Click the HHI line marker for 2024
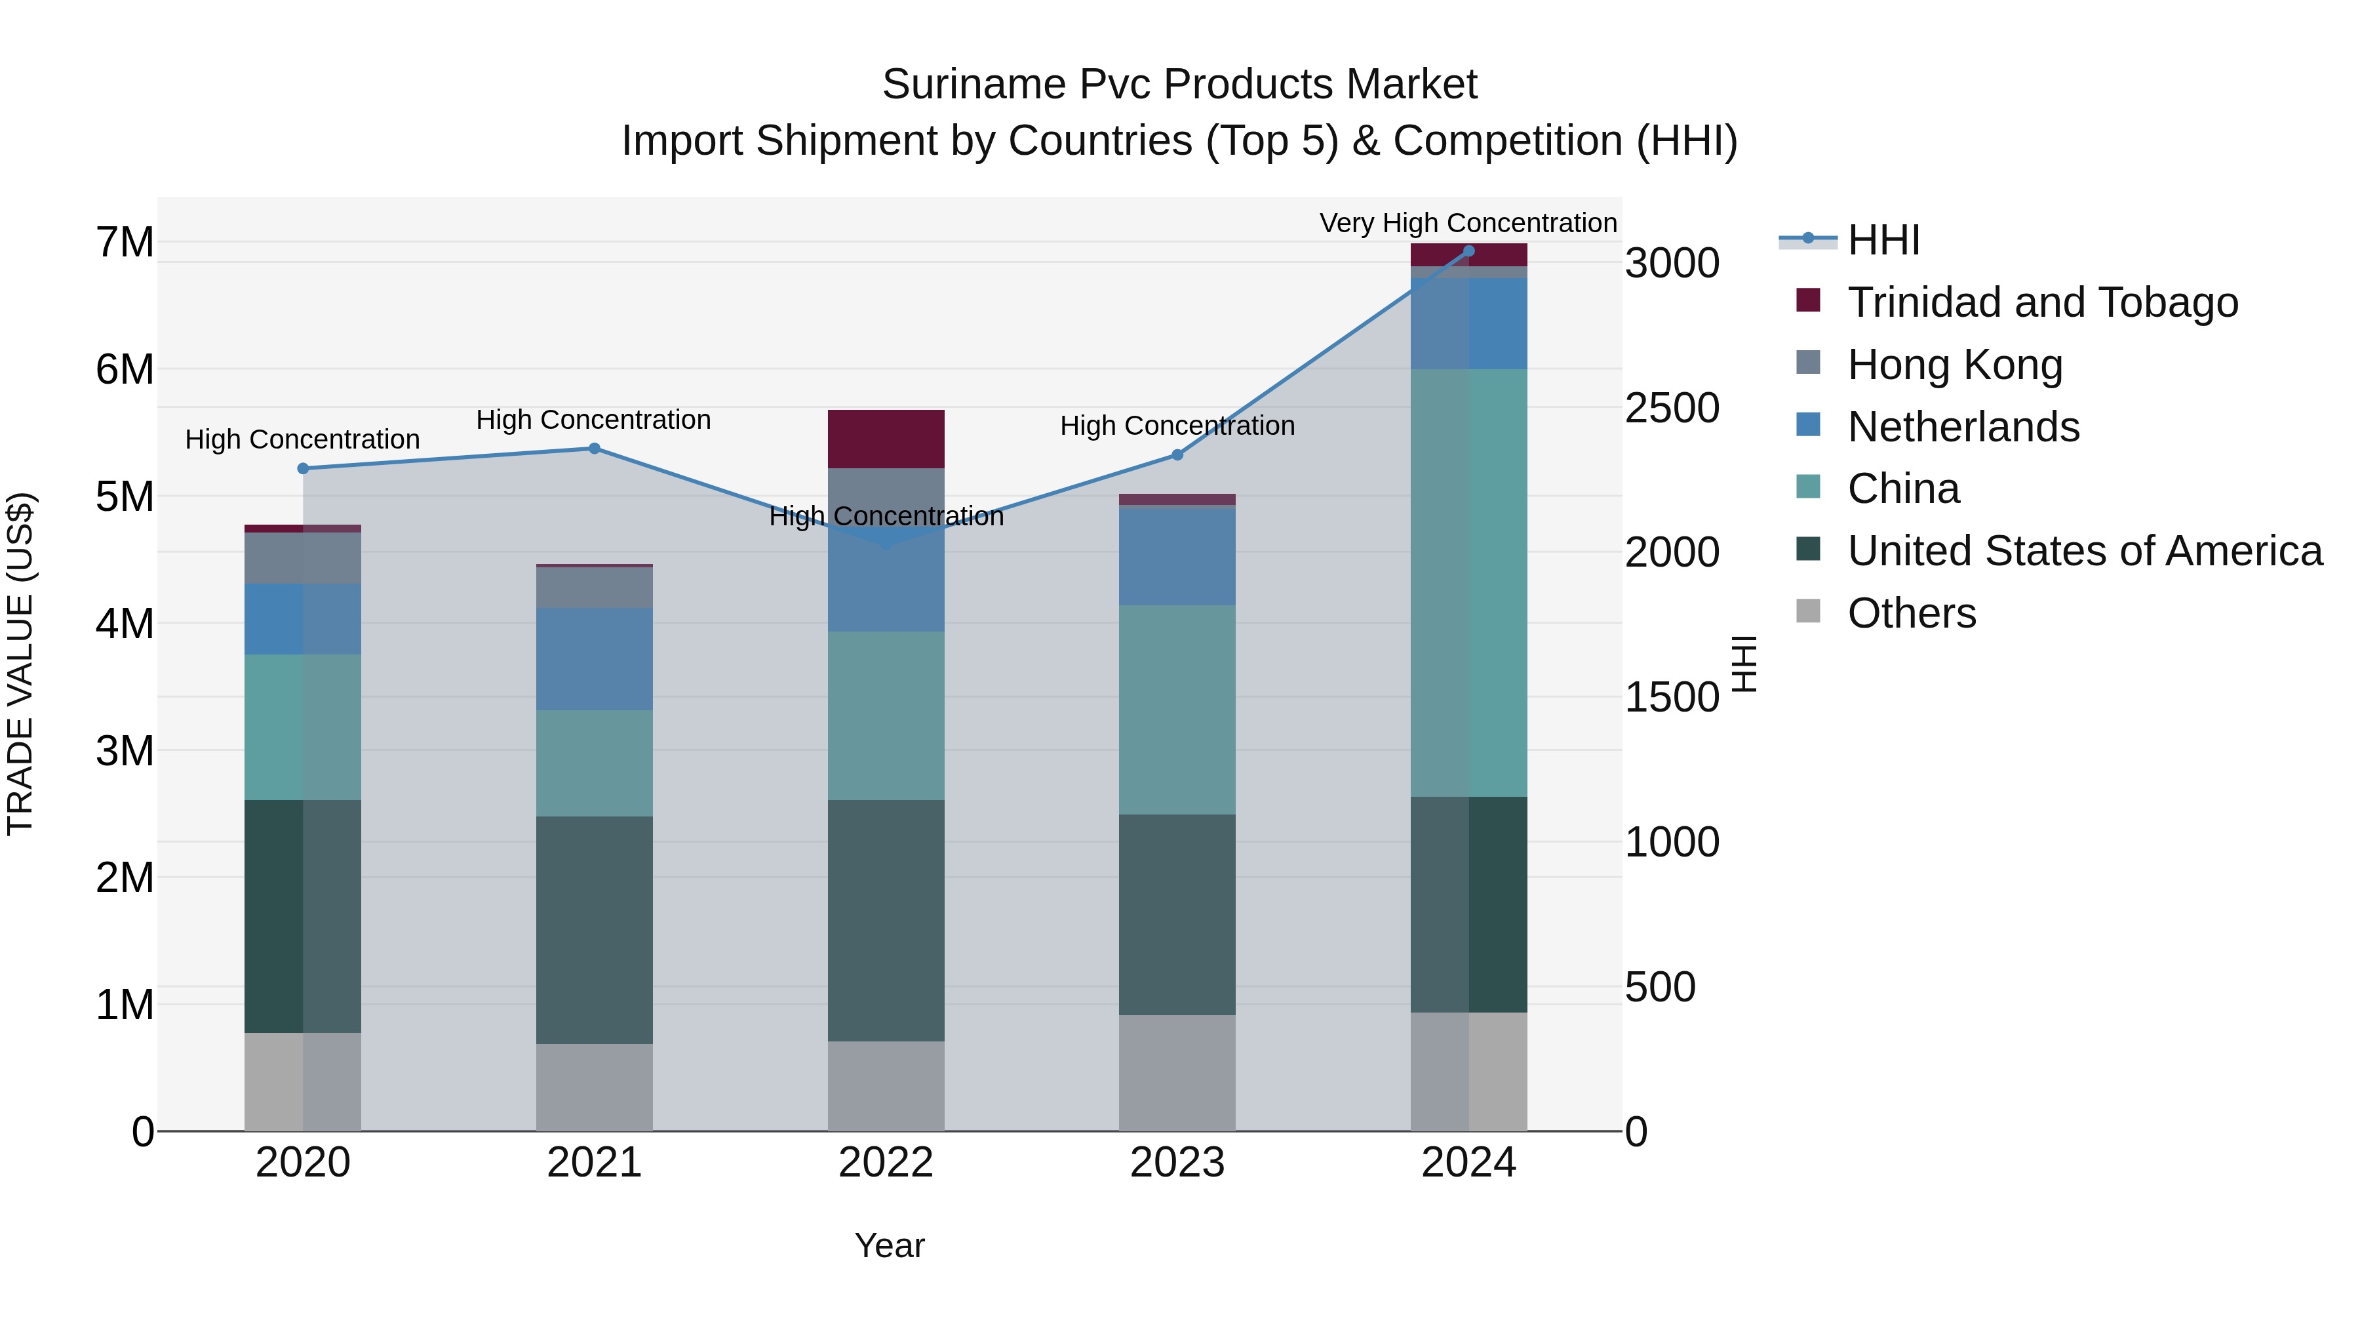tap(1468, 251)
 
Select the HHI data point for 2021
tap(595, 448)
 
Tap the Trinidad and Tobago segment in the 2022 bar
tap(886, 439)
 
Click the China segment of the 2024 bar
tap(1468, 583)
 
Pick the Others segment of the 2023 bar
tap(1177, 1072)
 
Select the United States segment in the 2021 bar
tap(595, 929)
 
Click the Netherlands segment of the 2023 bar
tap(1177, 555)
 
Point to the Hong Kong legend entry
tap(1955, 365)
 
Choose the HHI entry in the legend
tap(1883, 240)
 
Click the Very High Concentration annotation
tap(1468, 223)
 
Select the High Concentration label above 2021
tap(594, 420)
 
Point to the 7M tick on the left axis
tap(125, 243)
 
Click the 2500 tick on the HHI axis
tap(1672, 408)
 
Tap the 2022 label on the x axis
tap(886, 1163)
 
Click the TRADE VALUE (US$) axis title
tap(20, 664)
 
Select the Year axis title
tap(890, 1245)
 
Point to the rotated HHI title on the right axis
tap(1745, 664)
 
